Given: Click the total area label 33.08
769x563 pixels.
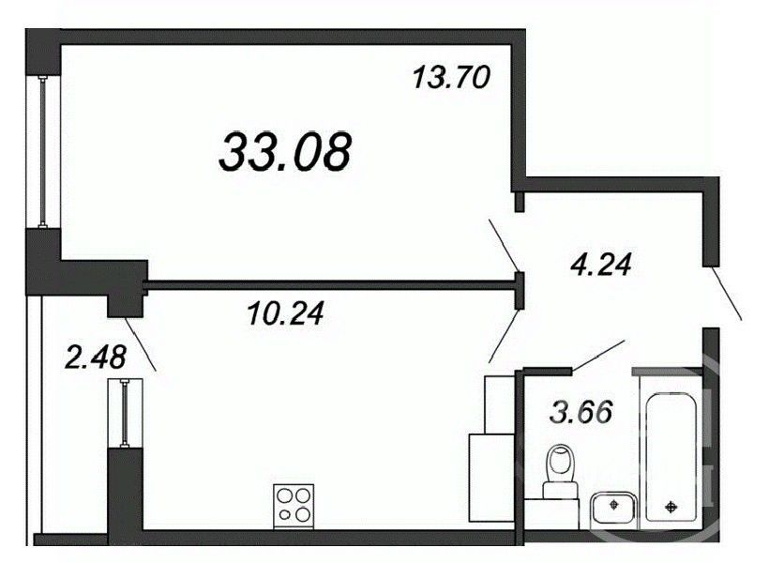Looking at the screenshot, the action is [x=285, y=152].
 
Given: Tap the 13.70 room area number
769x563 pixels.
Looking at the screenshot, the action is [x=451, y=78].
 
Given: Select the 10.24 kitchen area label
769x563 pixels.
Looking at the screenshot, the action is [x=285, y=313].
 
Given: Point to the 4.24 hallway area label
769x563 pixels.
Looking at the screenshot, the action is [x=601, y=265].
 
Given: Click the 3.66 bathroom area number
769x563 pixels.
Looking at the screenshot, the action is [x=581, y=411].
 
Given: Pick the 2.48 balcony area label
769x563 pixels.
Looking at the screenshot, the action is [x=96, y=357].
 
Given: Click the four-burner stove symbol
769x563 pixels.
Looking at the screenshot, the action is [x=294, y=506].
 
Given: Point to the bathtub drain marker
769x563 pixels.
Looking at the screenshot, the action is [x=671, y=507].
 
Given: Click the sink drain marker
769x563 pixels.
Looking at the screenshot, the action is [x=613, y=504].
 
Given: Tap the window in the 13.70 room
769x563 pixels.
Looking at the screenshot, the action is [x=43, y=152].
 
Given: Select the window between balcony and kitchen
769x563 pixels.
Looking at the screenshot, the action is [x=125, y=413].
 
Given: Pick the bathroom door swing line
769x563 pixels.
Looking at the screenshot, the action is [x=598, y=355].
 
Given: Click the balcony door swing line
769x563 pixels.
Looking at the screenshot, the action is [x=141, y=344].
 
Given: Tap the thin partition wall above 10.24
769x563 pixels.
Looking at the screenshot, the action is [x=331, y=284].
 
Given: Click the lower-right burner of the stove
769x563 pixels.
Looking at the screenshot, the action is [x=304, y=514].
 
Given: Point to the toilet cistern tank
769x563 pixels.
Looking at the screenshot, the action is [x=560, y=491].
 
